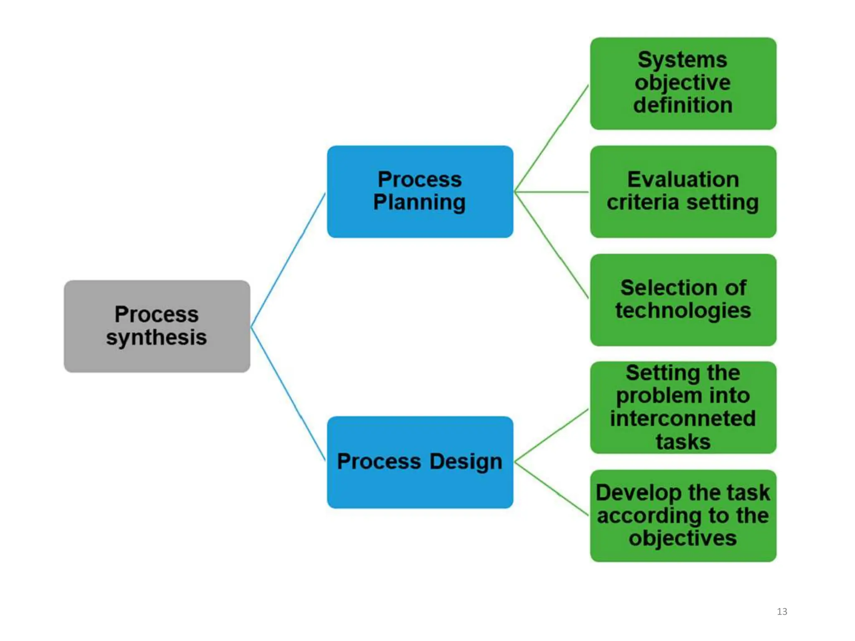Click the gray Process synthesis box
[157, 326]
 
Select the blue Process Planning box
[420, 192]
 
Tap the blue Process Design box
[420, 462]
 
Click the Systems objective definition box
[683, 83]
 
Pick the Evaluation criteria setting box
[683, 192]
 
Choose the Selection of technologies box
[683, 300]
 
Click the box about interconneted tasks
[683, 407]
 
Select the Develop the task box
[683, 516]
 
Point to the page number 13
[782, 611]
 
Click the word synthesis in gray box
[157, 337]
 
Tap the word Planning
[419, 202]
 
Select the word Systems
[683, 60]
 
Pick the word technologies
[683, 311]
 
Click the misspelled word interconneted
[683, 419]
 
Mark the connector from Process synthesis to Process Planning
[288, 260]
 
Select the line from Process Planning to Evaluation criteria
[551, 192]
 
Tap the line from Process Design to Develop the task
[551, 489]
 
